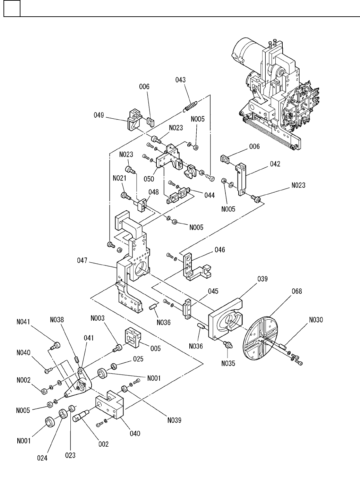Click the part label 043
tap(180, 80)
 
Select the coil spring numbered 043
tap(190, 106)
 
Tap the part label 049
tap(98, 115)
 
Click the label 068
tap(297, 291)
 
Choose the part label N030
tap(316, 320)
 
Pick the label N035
tap(228, 363)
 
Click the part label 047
tap(82, 261)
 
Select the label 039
tap(263, 279)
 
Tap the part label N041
tap(23, 322)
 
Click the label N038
tap(57, 320)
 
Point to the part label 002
tap(103, 444)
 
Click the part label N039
tap(174, 420)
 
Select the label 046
tap(220, 250)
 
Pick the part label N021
tap(120, 178)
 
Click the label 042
tap(275, 164)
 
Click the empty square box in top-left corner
tap(12, 8)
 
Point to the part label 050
tap(149, 179)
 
